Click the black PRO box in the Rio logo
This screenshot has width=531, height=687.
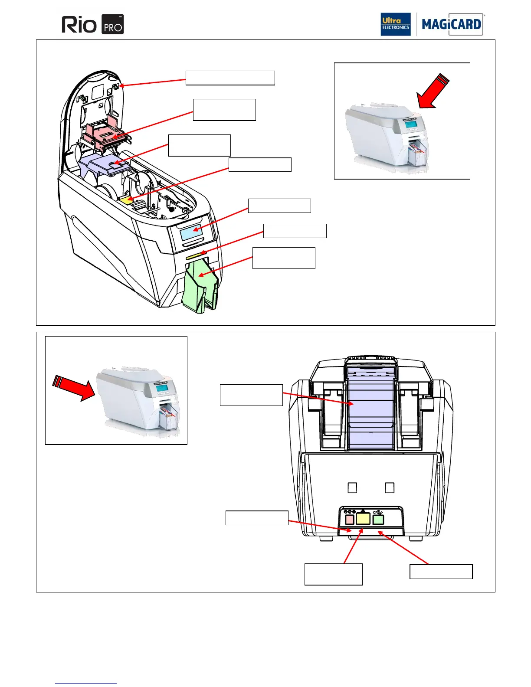point(112,24)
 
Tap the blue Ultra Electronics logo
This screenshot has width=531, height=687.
point(395,24)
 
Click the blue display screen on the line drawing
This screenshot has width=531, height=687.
point(191,233)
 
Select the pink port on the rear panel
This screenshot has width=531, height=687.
point(350,519)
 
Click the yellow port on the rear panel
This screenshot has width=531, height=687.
point(363,519)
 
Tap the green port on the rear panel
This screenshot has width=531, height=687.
point(378,519)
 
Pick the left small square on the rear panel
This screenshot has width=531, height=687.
point(352,488)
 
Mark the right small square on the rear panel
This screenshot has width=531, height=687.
point(390,488)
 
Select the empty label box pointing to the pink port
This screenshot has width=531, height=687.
point(257,518)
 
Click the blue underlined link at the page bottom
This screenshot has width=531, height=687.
point(86,683)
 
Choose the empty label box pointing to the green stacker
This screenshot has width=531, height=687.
point(284,258)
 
